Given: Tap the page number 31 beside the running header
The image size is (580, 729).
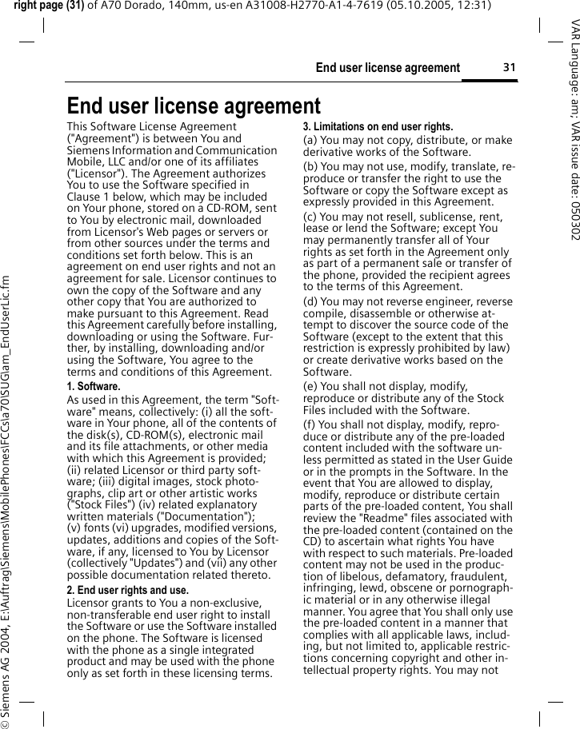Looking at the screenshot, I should (x=509, y=67).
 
